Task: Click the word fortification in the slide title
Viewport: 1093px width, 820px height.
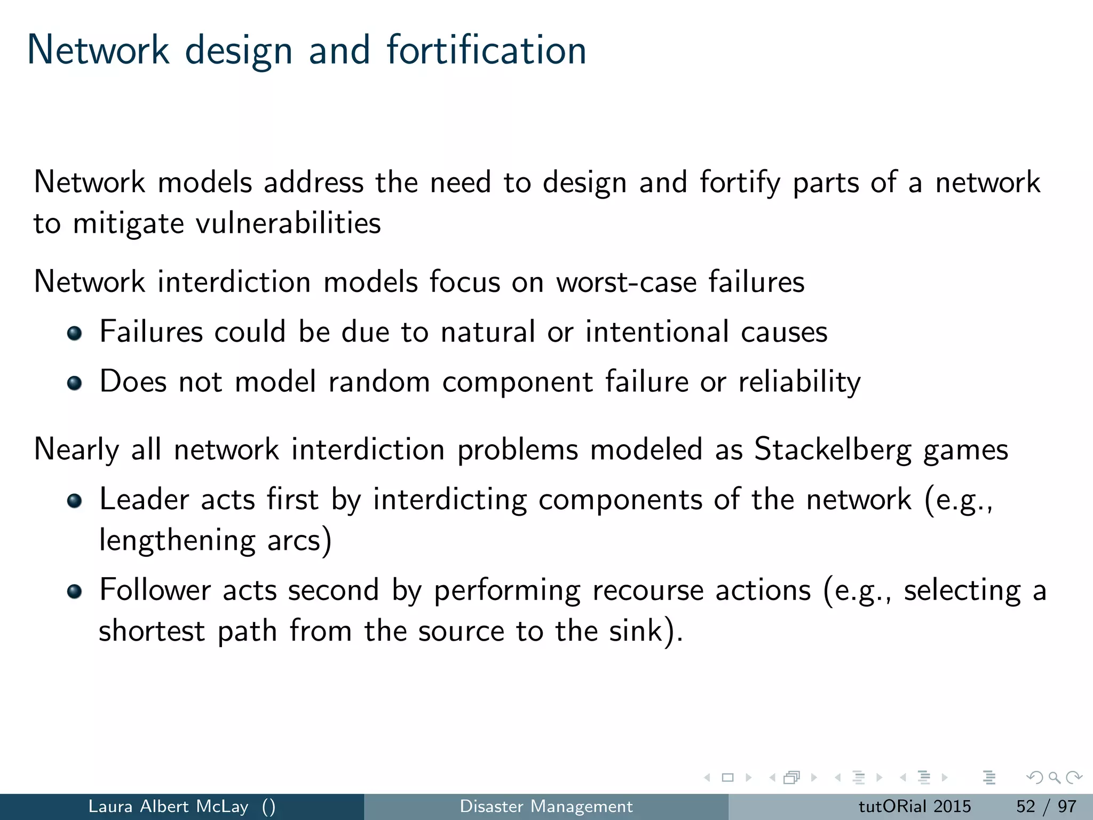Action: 486,50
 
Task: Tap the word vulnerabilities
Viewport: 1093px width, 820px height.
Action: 288,223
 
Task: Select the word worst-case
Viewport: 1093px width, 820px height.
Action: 626,282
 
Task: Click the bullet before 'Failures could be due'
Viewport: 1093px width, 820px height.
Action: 75,334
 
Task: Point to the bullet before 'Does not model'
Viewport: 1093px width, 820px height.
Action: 75,383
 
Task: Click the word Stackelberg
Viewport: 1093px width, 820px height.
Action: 833,450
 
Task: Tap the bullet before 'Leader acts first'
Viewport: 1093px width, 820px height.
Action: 75,501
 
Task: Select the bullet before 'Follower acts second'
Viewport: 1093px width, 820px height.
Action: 75,592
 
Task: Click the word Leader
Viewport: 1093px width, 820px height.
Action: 144,500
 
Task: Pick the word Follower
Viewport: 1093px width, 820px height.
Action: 155,590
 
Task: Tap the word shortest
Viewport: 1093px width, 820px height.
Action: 152,631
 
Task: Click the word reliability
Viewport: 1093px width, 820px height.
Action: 799,382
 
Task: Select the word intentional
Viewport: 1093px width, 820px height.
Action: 657,332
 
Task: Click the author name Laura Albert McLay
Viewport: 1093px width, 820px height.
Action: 168,806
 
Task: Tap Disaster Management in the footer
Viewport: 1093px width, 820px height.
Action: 546,806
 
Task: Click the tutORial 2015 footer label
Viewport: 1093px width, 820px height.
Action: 915,806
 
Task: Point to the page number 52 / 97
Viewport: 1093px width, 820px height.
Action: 1046,806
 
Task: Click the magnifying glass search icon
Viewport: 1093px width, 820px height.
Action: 1054,777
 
